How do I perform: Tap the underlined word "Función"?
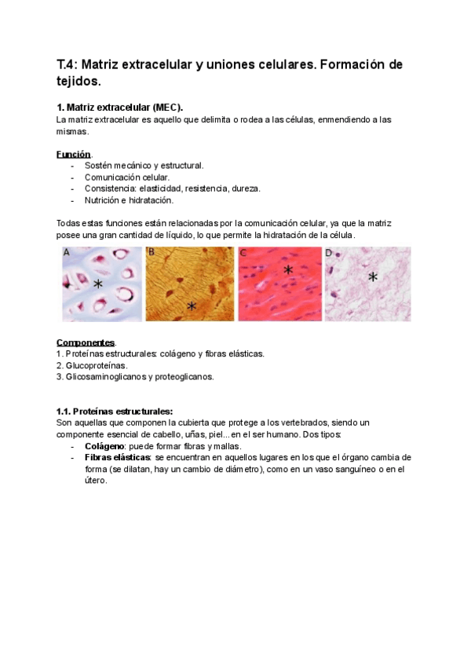click(74, 154)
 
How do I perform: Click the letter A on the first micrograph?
click(67, 253)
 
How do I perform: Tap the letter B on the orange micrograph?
click(152, 253)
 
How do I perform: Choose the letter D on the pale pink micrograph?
click(329, 253)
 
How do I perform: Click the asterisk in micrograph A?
click(98, 284)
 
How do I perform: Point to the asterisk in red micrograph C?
click(288, 270)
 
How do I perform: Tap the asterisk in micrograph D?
click(373, 276)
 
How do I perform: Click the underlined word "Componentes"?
click(86, 342)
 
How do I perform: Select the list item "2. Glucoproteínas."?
click(92, 365)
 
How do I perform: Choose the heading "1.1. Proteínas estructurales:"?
click(115, 411)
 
